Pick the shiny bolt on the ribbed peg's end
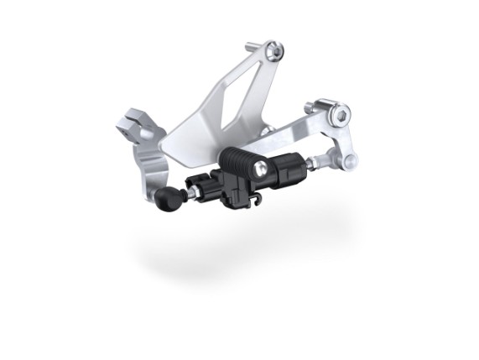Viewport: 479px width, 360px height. (263, 170)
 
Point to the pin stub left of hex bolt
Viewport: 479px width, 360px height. (313, 106)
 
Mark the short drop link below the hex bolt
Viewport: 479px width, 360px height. (343, 138)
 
